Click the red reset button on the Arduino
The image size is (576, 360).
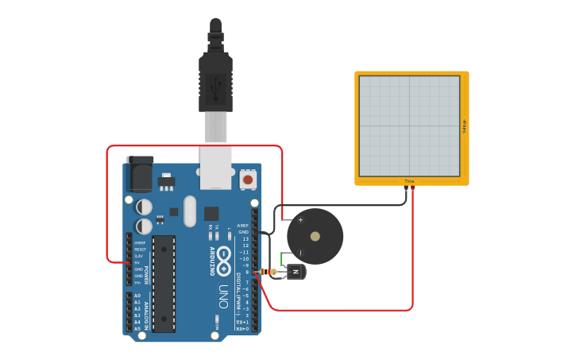(x=248, y=180)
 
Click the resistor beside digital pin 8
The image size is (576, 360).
(x=274, y=272)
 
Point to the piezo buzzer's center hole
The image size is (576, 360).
(x=315, y=236)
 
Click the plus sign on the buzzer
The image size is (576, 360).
(x=300, y=219)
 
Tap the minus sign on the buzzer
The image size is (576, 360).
(x=300, y=253)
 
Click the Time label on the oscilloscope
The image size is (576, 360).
(x=409, y=181)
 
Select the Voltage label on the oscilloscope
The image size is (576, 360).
(x=464, y=126)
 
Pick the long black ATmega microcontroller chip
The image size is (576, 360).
(x=164, y=283)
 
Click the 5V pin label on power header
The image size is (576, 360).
(x=138, y=262)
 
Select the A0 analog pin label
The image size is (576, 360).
(x=137, y=296)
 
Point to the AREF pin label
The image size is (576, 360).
(x=242, y=226)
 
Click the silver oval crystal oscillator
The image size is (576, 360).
(x=189, y=211)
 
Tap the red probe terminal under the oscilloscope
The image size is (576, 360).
(x=412, y=188)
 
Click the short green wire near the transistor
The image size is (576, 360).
(x=284, y=259)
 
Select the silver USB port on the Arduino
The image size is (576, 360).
(x=216, y=168)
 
